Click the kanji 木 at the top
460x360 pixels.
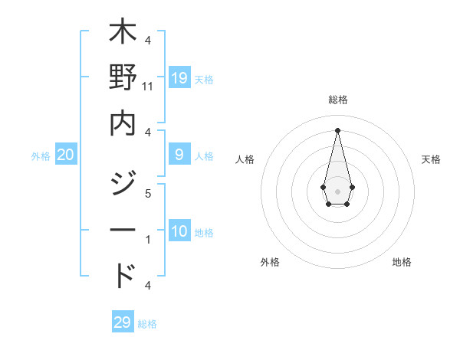pos(123,34)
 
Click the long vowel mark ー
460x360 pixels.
pos(123,231)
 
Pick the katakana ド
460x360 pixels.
pos(123,274)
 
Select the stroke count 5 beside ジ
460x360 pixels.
pos(148,195)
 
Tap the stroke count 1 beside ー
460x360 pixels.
pos(148,240)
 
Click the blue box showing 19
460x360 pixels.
pos(179,77)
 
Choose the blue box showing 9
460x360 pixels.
pos(179,155)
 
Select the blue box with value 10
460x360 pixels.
pos(179,231)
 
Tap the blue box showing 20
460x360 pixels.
pos(66,155)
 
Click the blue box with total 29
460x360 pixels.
pos(123,322)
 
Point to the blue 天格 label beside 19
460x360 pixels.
pos(204,80)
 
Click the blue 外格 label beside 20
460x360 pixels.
pos(41,156)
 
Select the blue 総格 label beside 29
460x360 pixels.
pos(147,324)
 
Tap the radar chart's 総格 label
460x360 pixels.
pos(338,100)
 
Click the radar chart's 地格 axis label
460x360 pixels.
pos(402,262)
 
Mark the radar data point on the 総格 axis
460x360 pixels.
pos(338,129)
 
